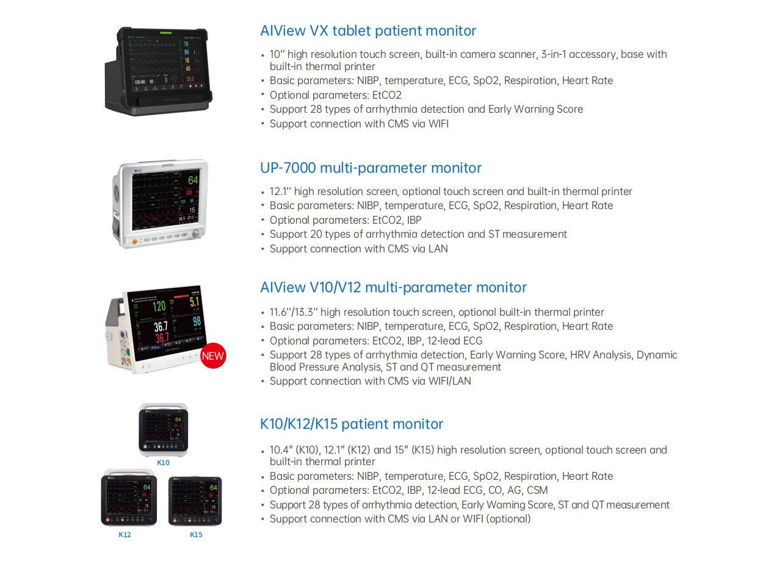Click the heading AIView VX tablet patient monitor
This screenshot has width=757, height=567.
(x=368, y=31)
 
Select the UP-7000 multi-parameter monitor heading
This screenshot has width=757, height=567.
(x=371, y=168)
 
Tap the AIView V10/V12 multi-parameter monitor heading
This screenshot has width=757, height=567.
(x=393, y=288)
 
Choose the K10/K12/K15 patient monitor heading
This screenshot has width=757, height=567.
(x=352, y=424)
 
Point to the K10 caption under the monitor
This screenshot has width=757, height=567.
(x=163, y=463)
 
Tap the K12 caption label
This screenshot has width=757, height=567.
(x=125, y=535)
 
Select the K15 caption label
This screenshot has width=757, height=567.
(x=195, y=535)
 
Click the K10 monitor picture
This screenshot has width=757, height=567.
(x=163, y=430)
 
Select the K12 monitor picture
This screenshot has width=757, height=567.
(x=128, y=498)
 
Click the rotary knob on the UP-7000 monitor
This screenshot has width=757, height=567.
(x=196, y=234)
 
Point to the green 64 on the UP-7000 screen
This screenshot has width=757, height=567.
(x=193, y=181)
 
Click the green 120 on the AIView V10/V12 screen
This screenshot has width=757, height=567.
(x=159, y=307)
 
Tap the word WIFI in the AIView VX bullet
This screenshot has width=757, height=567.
(x=436, y=124)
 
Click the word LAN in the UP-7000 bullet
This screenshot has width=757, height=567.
(x=438, y=249)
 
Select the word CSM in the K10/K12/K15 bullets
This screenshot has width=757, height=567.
(x=537, y=490)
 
